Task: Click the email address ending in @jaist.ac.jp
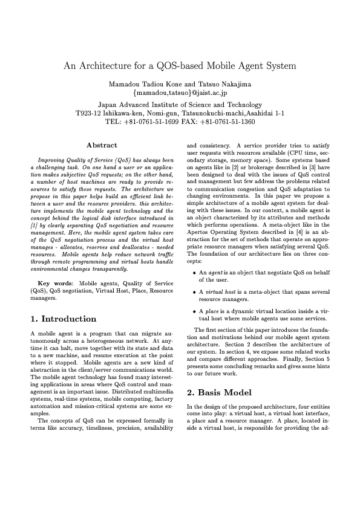coord(180,93)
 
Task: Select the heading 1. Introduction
coord(63,319)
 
